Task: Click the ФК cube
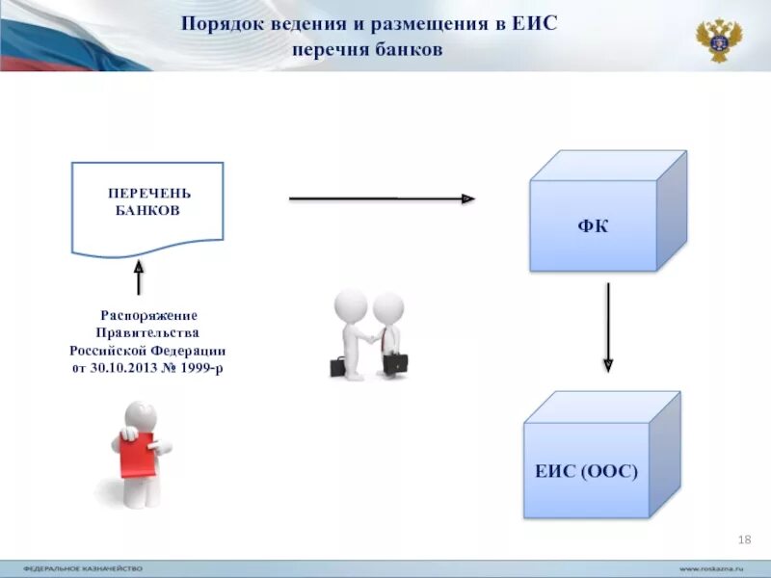tap(593, 224)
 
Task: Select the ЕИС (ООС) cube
tap(587, 469)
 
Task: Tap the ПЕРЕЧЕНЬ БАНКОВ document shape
tap(147, 207)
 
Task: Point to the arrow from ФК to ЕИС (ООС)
tap(608, 328)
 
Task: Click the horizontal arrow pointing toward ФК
tap(382, 198)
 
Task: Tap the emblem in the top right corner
tap(719, 39)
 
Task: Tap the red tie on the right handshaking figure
tap(385, 338)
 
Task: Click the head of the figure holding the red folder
tap(142, 416)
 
